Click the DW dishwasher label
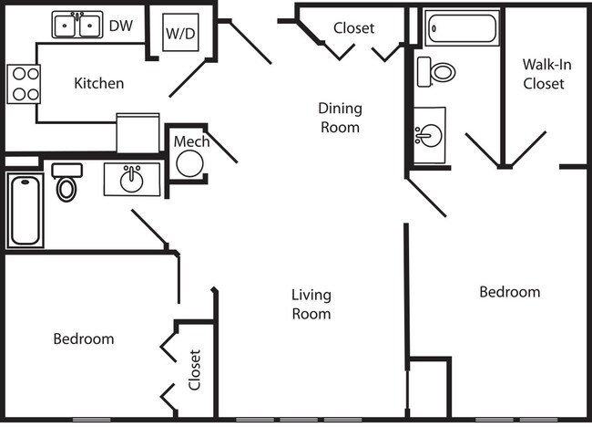tap(121, 26)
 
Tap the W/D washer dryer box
tap(179, 34)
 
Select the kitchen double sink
tap(77, 26)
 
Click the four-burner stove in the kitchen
tap(24, 84)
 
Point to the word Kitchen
tap(98, 83)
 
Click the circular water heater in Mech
tap(189, 163)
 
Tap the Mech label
tap(191, 141)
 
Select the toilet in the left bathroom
tap(66, 182)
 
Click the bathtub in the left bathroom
tap(25, 211)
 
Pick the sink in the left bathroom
tap(133, 179)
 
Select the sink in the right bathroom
tap(429, 136)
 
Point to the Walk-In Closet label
tap(544, 74)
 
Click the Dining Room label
tap(340, 118)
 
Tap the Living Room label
tap(311, 304)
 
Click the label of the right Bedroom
tap(509, 292)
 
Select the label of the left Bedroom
tap(84, 338)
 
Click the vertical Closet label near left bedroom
tap(195, 370)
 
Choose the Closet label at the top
tap(353, 28)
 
